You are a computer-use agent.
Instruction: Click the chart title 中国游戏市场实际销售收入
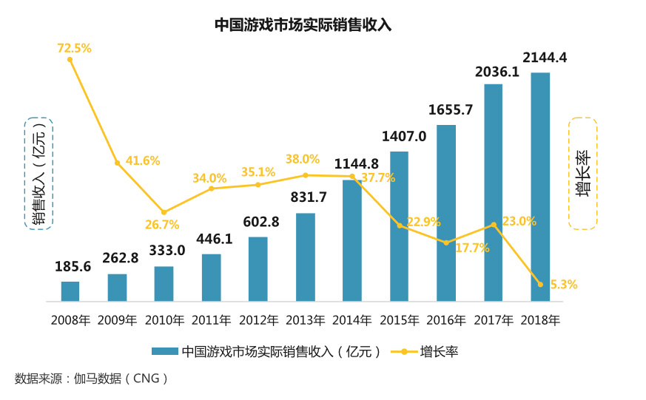click(x=303, y=24)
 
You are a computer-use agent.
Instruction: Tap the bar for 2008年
click(x=70, y=291)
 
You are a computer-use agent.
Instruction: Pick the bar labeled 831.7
click(x=305, y=257)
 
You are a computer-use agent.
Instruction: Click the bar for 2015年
click(x=399, y=226)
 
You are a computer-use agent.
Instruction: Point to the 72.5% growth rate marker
click(x=70, y=59)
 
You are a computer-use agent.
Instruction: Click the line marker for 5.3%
click(x=540, y=284)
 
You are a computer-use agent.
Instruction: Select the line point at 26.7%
click(x=164, y=212)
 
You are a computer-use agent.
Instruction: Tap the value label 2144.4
click(x=545, y=58)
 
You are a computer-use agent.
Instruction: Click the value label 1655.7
click(x=451, y=110)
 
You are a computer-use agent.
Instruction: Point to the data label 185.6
click(x=73, y=267)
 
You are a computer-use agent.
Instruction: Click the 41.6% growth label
click(x=142, y=160)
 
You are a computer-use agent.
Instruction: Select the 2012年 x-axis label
click(x=258, y=320)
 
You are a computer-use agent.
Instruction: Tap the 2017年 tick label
click(x=493, y=320)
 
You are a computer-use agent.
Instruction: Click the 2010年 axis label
click(x=164, y=320)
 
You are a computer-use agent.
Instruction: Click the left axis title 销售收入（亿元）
click(x=38, y=174)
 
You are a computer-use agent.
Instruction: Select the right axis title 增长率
click(x=582, y=174)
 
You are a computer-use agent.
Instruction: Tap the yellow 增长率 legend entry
click(x=429, y=351)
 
